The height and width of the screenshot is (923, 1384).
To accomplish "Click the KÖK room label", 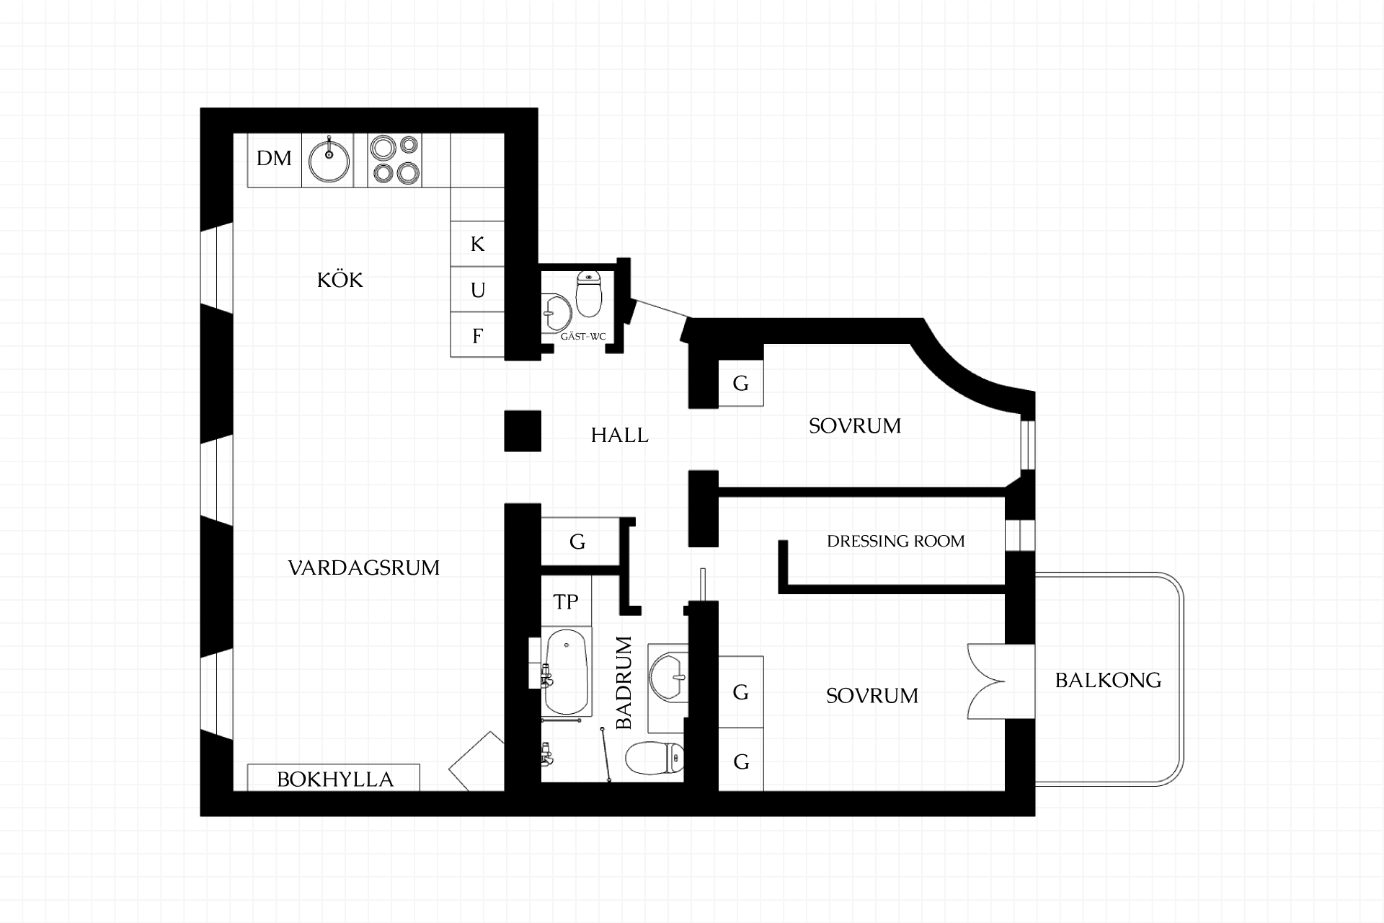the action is (x=340, y=280).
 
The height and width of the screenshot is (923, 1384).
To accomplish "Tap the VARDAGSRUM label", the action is (x=363, y=568).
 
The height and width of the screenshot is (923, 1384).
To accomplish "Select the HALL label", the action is (x=619, y=435).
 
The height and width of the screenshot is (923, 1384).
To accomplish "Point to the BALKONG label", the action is (x=1108, y=680).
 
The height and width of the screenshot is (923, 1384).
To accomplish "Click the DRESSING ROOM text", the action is (x=895, y=541).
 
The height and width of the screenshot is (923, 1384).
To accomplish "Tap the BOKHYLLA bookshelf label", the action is (x=335, y=780).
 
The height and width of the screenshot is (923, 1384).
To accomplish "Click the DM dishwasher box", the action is (x=274, y=160).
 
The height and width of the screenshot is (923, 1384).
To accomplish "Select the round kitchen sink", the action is (x=329, y=159).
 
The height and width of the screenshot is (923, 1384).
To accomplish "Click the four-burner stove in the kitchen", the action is (x=394, y=160).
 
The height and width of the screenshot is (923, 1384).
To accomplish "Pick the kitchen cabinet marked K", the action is (x=477, y=244).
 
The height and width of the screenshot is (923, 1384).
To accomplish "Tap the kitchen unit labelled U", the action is (x=477, y=290).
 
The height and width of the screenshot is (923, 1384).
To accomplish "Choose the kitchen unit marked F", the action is (x=477, y=335).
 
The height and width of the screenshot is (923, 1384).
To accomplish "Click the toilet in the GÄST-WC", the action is (x=589, y=294).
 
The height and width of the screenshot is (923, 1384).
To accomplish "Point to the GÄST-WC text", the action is (x=583, y=337).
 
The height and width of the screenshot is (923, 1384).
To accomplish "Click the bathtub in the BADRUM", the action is (x=567, y=671).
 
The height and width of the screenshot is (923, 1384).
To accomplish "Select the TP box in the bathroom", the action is (x=566, y=601).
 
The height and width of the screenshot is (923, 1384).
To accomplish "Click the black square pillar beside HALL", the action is (x=523, y=430).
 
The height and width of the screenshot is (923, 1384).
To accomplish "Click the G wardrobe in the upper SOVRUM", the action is (x=741, y=383).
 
